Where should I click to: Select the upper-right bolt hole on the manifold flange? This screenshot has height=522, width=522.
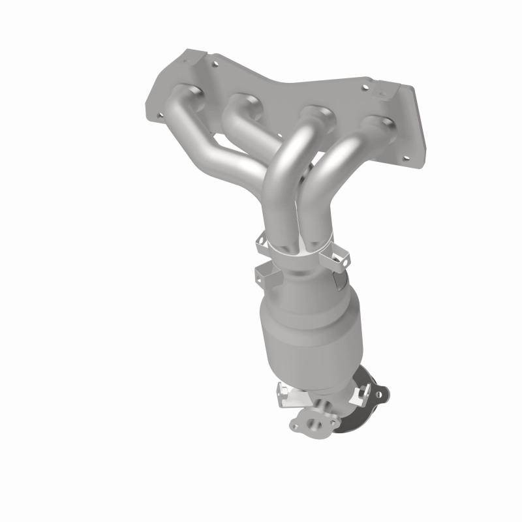tap(365, 86)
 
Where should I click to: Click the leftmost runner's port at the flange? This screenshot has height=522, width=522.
tap(186, 97)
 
